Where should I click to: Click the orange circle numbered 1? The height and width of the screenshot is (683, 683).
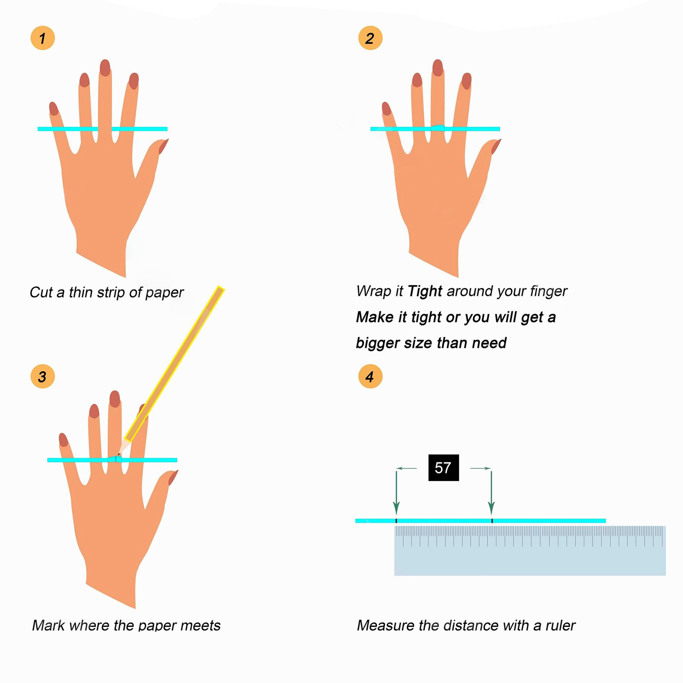pyautogui.click(x=43, y=38)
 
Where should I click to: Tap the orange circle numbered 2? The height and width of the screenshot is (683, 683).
pyautogui.click(x=370, y=38)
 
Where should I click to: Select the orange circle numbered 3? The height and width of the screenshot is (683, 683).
pyautogui.click(x=43, y=376)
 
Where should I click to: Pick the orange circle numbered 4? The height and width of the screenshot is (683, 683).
pyautogui.click(x=370, y=376)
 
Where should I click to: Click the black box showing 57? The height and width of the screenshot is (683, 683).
pyautogui.click(x=443, y=468)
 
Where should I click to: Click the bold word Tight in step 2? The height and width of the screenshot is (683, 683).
pyautogui.click(x=425, y=291)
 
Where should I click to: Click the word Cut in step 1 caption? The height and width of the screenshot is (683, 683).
pyautogui.click(x=41, y=292)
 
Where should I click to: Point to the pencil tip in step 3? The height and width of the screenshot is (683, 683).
pyautogui.click(x=119, y=455)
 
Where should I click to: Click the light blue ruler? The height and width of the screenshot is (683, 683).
pyautogui.click(x=530, y=550)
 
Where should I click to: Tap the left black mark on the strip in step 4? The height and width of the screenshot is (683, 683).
pyautogui.click(x=396, y=521)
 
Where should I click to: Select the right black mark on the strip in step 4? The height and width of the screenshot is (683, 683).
pyautogui.click(x=492, y=521)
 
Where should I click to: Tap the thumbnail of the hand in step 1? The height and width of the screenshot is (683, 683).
pyautogui.click(x=164, y=146)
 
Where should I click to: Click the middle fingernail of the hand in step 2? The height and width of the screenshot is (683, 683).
pyautogui.click(x=438, y=67)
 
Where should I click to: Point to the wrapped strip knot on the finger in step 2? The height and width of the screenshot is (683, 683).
pyautogui.click(x=438, y=128)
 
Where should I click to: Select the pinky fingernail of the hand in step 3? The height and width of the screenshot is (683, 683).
pyautogui.click(x=63, y=439)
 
